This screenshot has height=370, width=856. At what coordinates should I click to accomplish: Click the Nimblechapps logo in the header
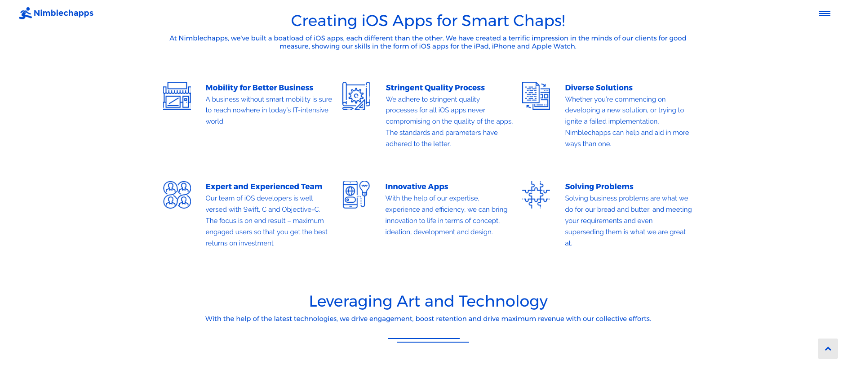(56, 13)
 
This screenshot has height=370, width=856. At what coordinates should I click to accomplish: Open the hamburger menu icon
(825, 13)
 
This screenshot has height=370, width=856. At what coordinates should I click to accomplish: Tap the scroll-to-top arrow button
(828, 348)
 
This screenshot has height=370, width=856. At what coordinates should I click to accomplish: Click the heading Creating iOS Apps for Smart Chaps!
(428, 21)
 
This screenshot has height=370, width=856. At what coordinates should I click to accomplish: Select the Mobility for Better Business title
(259, 88)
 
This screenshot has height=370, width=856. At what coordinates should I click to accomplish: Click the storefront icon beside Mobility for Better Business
(177, 96)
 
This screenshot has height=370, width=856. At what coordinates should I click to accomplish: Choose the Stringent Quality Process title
(435, 88)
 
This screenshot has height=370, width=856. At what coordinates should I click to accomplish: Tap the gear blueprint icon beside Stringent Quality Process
(356, 96)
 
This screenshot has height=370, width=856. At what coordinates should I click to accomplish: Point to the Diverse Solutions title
(599, 88)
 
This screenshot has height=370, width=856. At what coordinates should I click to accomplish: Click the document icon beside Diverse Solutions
(536, 96)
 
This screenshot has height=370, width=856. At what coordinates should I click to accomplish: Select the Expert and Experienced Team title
(264, 187)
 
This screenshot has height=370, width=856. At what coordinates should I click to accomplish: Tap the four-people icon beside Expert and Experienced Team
(177, 195)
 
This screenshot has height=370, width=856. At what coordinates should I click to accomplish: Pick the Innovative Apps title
(417, 187)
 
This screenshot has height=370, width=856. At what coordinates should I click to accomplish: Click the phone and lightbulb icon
(356, 195)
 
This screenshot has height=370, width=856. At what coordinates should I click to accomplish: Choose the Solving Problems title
(599, 187)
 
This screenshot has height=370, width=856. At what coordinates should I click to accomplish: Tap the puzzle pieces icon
(536, 195)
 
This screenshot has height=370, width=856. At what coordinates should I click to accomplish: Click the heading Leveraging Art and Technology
(428, 301)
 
